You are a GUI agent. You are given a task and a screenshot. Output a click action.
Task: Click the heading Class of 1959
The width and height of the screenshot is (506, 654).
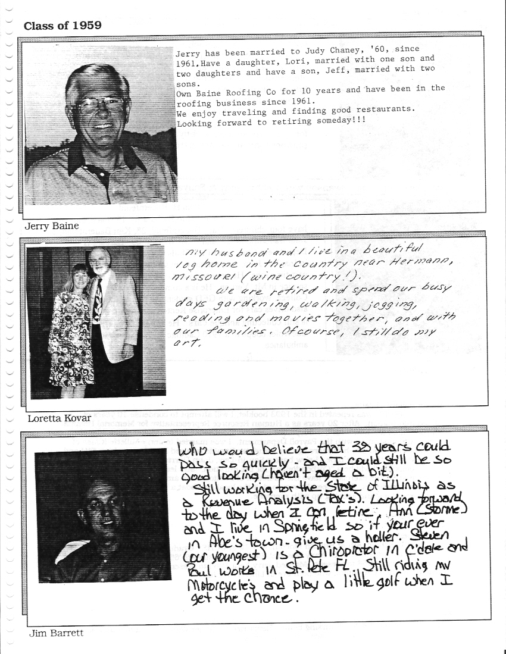63,25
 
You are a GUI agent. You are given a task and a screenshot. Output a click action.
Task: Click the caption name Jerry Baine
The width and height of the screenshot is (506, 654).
52,226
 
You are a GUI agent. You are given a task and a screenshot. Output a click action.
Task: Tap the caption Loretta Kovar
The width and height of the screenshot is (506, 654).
60,418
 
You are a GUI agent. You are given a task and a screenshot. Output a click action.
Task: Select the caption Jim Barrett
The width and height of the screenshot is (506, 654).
57,634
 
